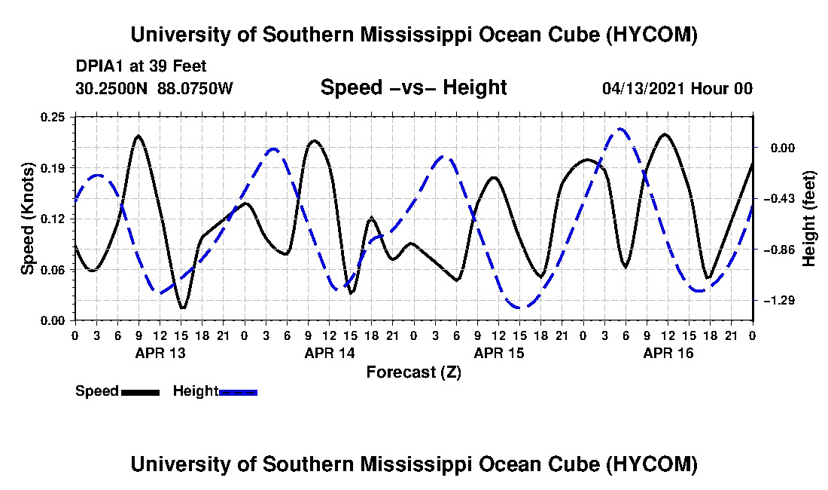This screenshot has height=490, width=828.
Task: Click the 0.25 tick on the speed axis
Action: (53, 117)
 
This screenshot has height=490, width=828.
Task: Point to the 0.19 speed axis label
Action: (53, 168)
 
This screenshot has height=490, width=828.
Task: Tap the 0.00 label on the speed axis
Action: (53, 321)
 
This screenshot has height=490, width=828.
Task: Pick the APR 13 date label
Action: (160, 353)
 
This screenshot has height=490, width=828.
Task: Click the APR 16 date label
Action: (668, 353)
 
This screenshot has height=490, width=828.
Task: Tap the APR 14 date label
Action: (330, 353)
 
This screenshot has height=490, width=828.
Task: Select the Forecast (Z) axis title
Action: (414, 372)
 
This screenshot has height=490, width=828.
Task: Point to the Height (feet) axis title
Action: (809, 219)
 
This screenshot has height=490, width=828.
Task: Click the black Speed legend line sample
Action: (140, 392)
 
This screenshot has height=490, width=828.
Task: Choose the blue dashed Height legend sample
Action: (238, 392)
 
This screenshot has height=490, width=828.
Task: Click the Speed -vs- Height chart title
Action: (413, 87)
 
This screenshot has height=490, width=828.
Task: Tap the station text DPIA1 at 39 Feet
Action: (141, 66)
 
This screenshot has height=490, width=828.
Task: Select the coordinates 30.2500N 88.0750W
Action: (154, 88)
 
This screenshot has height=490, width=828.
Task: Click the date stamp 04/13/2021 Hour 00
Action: (677, 88)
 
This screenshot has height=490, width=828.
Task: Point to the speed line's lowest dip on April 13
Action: (182, 308)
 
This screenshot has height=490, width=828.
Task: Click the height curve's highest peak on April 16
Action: (620, 128)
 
